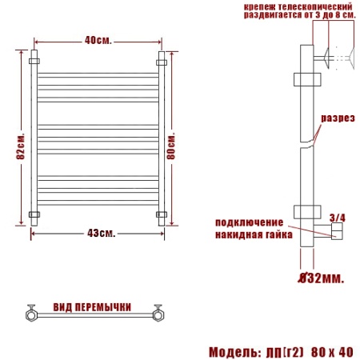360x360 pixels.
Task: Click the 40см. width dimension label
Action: [98, 41]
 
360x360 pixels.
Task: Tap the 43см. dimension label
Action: [101, 234]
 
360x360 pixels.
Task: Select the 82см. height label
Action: [21, 146]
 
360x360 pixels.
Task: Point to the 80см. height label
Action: [171, 146]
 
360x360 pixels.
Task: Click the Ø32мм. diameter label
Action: [321, 278]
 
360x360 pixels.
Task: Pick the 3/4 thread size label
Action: [338, 218]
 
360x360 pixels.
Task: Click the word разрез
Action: [338, 118]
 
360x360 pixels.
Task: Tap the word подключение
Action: [250, 222]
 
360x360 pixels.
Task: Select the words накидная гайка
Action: [254, 235]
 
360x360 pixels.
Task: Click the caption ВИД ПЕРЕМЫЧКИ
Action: [92, 307]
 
